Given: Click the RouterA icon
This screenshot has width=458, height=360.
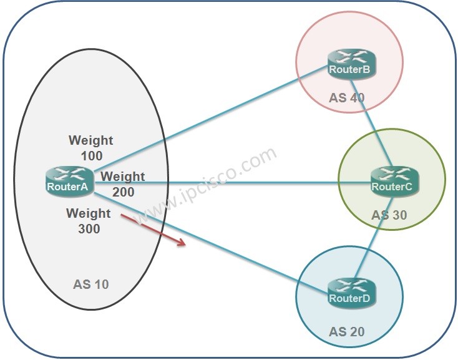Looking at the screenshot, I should coord(70,180).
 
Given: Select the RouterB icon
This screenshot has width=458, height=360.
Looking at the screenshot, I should coord(351,64).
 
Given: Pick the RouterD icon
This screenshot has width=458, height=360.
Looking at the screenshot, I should coord(350,293).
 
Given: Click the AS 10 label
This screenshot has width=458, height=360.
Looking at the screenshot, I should coord(90,285).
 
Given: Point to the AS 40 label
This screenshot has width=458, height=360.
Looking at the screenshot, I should coord(347,98).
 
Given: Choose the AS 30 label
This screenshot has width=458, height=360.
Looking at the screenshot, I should coord(389,215).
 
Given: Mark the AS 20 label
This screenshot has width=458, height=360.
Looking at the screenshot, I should coord(346,331).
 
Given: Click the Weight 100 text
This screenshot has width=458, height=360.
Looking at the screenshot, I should coord(91,147).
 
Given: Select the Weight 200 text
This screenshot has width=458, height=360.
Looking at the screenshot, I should coord(123,184).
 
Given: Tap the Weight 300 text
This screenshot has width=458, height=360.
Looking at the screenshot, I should coord(89,221).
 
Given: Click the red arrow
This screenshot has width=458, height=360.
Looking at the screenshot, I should coord(153,230).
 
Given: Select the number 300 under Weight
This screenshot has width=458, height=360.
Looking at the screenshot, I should coord(89,228).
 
